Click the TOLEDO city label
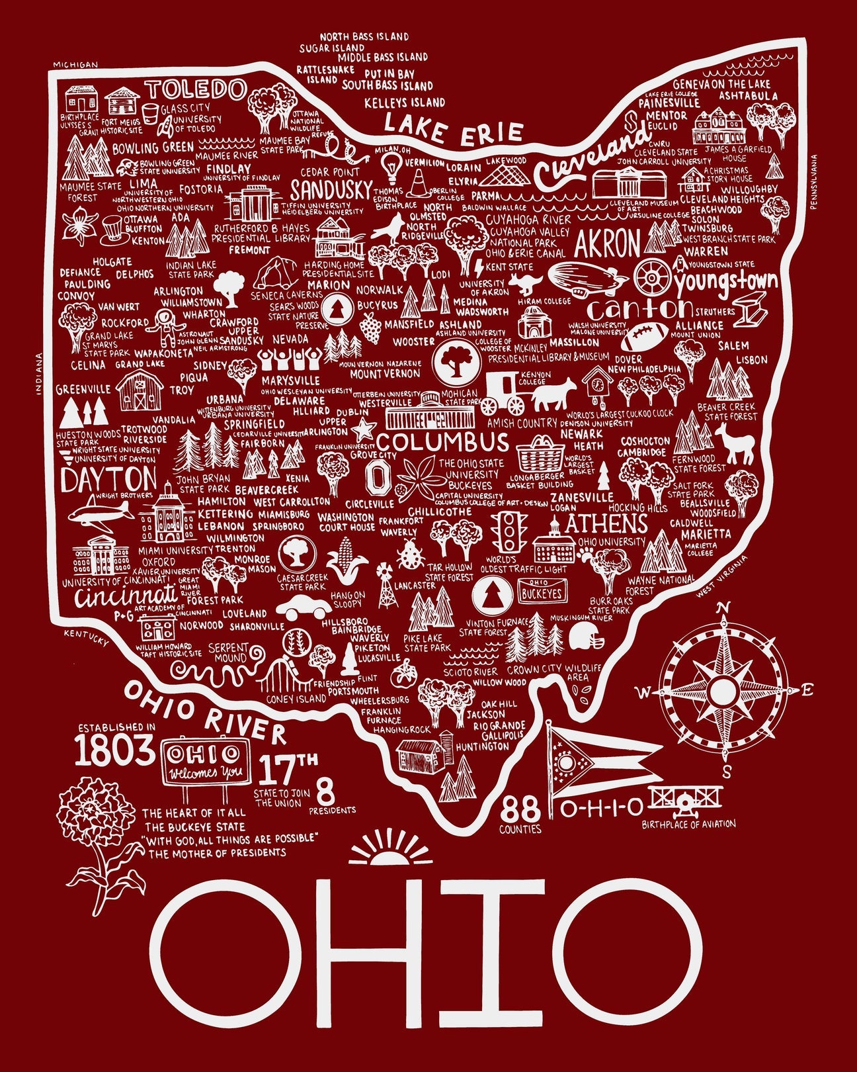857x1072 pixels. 186,89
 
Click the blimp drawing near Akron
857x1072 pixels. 587,278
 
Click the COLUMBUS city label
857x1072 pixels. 442,441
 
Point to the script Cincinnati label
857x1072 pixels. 126,595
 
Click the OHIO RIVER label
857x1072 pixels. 205,711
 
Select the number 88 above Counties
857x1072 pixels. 520,808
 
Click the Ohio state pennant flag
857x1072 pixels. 595,761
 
